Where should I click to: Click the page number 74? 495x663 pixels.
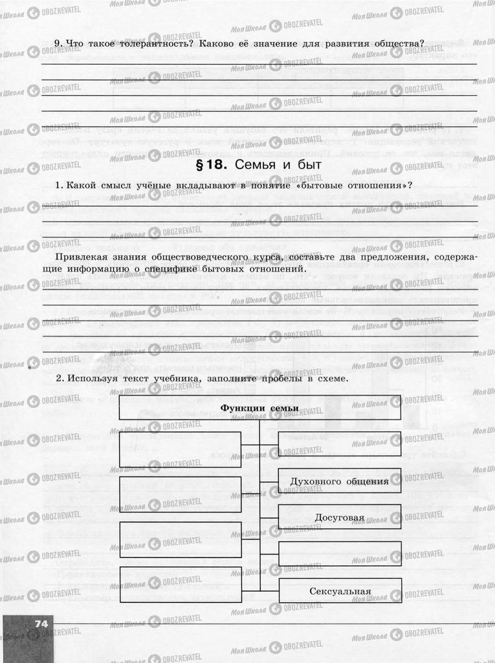(x=41, y=623)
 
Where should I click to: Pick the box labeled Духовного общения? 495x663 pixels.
(x=340, y=481)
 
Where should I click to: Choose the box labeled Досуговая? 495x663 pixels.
(x=340, y=518)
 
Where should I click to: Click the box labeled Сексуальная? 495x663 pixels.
(x=340, y=591)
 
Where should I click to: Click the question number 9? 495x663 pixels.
(x=58, y=44)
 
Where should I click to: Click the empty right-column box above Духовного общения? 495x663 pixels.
(x=340, y=444)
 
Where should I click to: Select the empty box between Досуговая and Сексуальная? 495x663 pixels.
(x=340, y=554)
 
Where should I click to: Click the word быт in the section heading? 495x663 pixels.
(x=310, y=164)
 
